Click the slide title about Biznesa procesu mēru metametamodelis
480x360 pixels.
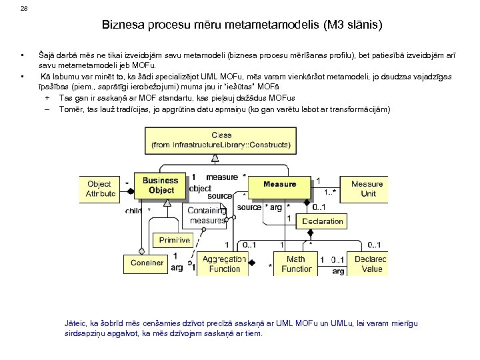pos(243,27)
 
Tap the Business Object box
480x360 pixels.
pos(161,185)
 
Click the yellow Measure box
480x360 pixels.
pos(279,184)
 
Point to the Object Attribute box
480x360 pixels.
pos(100,188)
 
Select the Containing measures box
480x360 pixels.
pos(207,215)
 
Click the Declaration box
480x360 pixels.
pos(323,221)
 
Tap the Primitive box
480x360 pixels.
pos(175,240)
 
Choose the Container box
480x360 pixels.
pos(147,263)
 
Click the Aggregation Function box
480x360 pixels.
pos(224,264)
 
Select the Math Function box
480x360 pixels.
pos(297,264)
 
